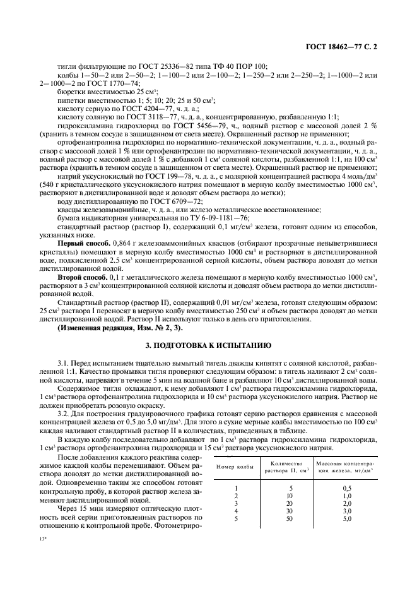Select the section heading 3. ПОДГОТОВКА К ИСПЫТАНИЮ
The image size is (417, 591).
point(208,345)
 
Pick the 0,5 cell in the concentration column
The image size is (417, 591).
point(347,488)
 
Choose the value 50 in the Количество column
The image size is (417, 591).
point(290,518)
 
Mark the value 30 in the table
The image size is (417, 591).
point(290,511)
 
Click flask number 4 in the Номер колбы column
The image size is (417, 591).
point(235,511)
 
